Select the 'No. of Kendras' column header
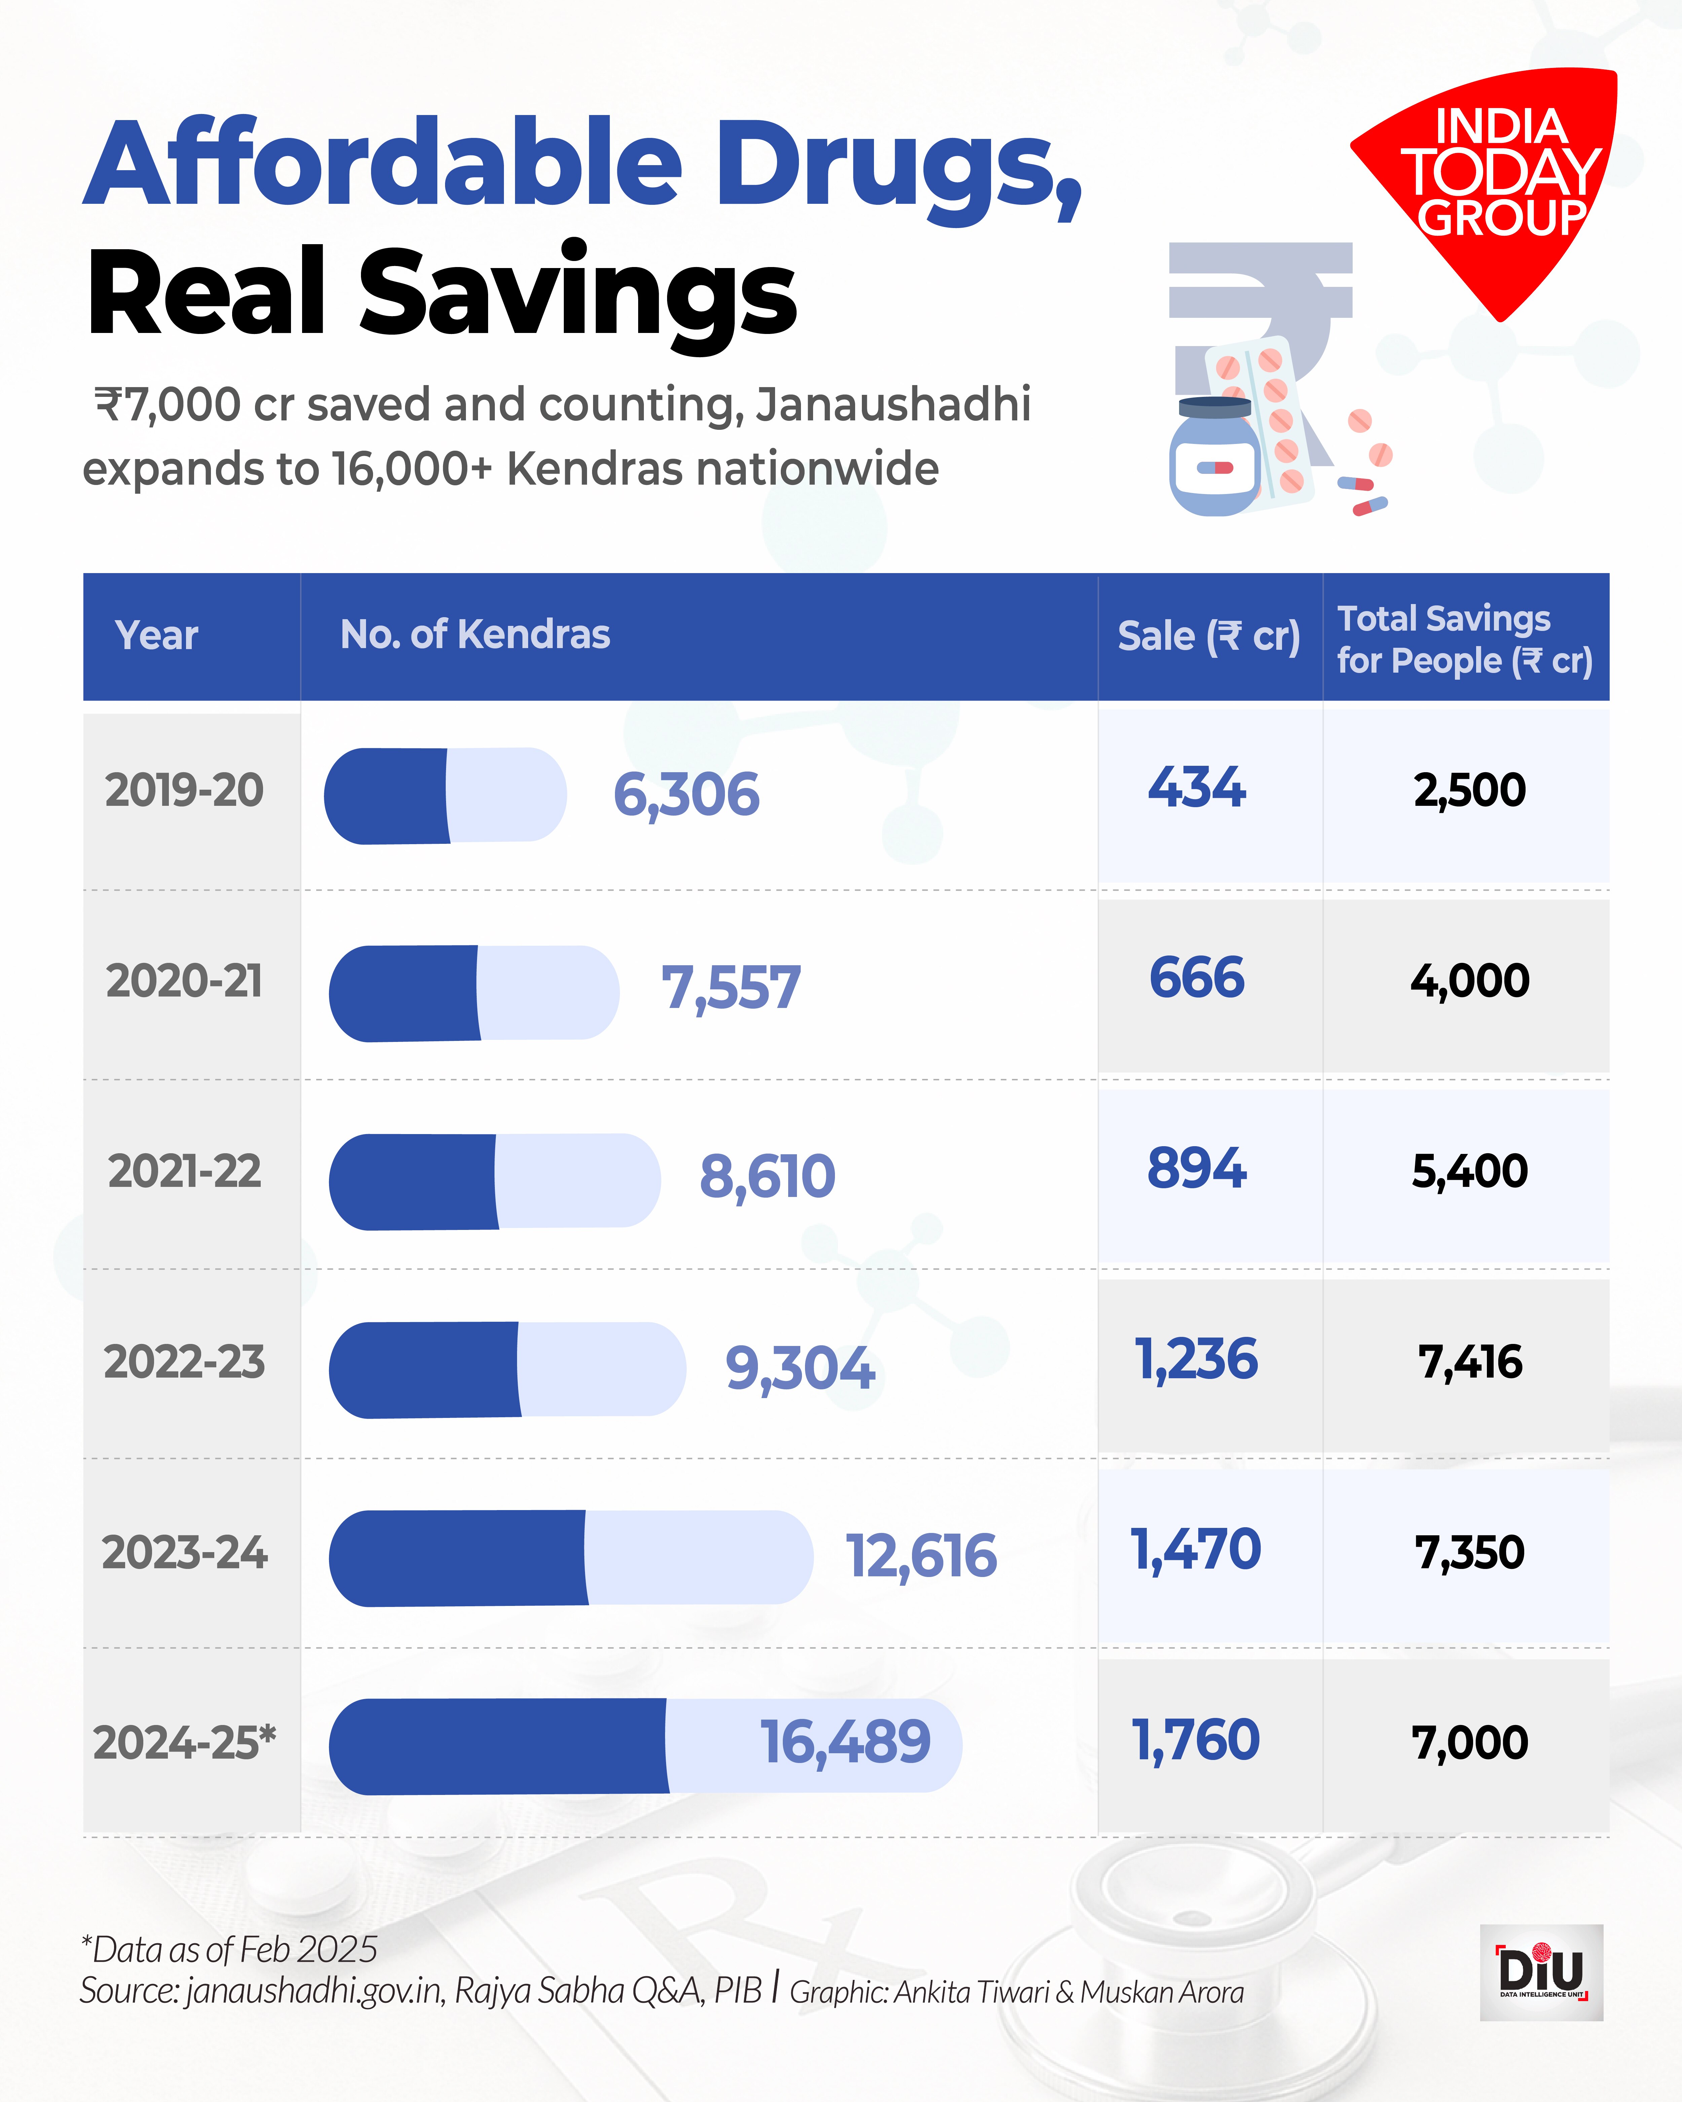(x=475, y=635)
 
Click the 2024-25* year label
(x=184, y=1742)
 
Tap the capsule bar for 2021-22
(x=495, y=1181)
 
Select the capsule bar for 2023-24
(x=571, y=1557)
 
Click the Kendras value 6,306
(x=686, y=795)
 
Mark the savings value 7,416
(x=1469, y=1362)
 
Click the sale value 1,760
(x=1196, y=1740)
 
